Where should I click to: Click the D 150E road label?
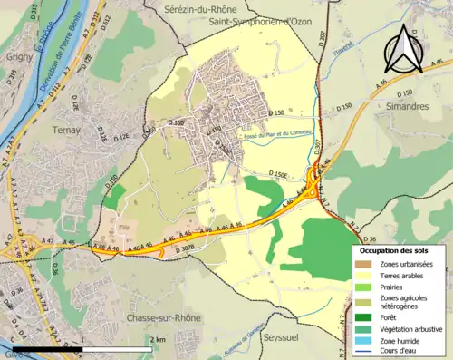[283, 174]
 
